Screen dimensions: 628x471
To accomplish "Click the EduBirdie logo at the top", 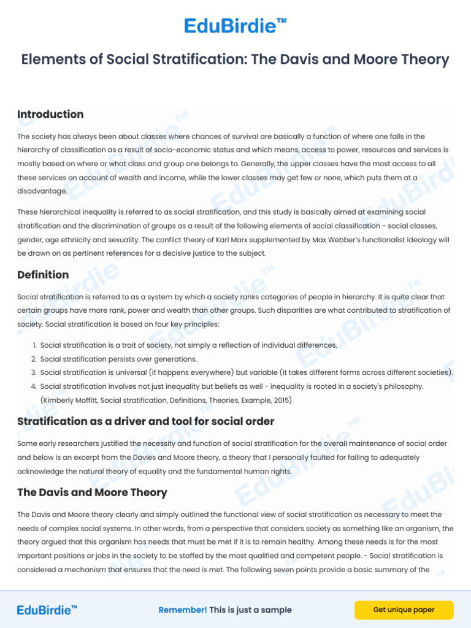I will [x=235, y=26].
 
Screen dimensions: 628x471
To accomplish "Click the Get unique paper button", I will [x=404, y=610].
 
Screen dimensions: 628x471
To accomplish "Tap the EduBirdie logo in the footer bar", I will [x=47, y=610].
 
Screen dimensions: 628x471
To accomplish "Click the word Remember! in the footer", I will [x=183, y=610].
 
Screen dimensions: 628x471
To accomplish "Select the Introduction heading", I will [x=50, y=114].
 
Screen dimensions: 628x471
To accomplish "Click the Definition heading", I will [x=43, y=274].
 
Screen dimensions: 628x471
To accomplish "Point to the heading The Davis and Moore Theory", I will [x=92, y=492].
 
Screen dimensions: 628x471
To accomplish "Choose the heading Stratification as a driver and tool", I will [x=145, y=421].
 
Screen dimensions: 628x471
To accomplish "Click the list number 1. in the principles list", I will [x=34, y=345].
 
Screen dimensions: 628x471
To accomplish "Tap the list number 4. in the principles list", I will [x=34, y=386].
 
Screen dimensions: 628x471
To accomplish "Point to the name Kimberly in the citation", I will [x=60, y=400].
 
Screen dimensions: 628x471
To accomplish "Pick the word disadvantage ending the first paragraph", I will [x=42, y=191].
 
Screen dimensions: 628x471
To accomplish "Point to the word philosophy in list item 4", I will [x=402, y=386].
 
